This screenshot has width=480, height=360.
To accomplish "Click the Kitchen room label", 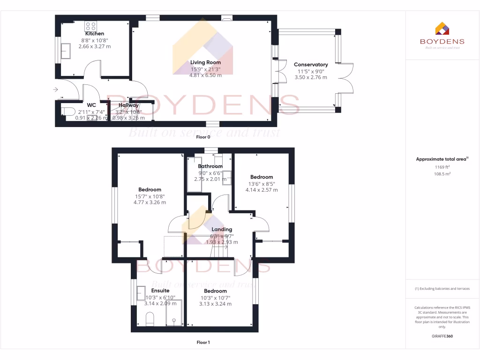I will [95, 34].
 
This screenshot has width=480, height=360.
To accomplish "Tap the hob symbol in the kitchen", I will [90, 26].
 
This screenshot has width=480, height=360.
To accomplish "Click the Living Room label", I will [205, 62].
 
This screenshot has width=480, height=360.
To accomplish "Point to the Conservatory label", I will [311, 65].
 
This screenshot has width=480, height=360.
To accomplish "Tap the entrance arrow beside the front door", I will [56, 89].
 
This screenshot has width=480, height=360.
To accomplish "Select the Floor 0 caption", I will [203, 137].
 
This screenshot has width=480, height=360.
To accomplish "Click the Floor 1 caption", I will [203, 343].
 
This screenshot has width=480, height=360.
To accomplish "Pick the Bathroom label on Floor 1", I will [210, 166].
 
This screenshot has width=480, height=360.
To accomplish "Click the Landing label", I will [222, 229].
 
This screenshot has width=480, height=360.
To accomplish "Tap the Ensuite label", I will [160, 291].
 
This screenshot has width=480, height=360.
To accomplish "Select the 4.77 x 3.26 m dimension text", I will [150, 202].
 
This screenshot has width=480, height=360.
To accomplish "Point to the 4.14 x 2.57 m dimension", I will [262, 190].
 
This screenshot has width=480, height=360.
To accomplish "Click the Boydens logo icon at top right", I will [442, 29].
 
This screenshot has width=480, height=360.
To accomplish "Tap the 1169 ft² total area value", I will [442, 167].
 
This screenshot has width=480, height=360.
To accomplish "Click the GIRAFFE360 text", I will [442, 336].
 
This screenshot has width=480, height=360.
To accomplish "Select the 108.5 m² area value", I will [442, 174].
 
